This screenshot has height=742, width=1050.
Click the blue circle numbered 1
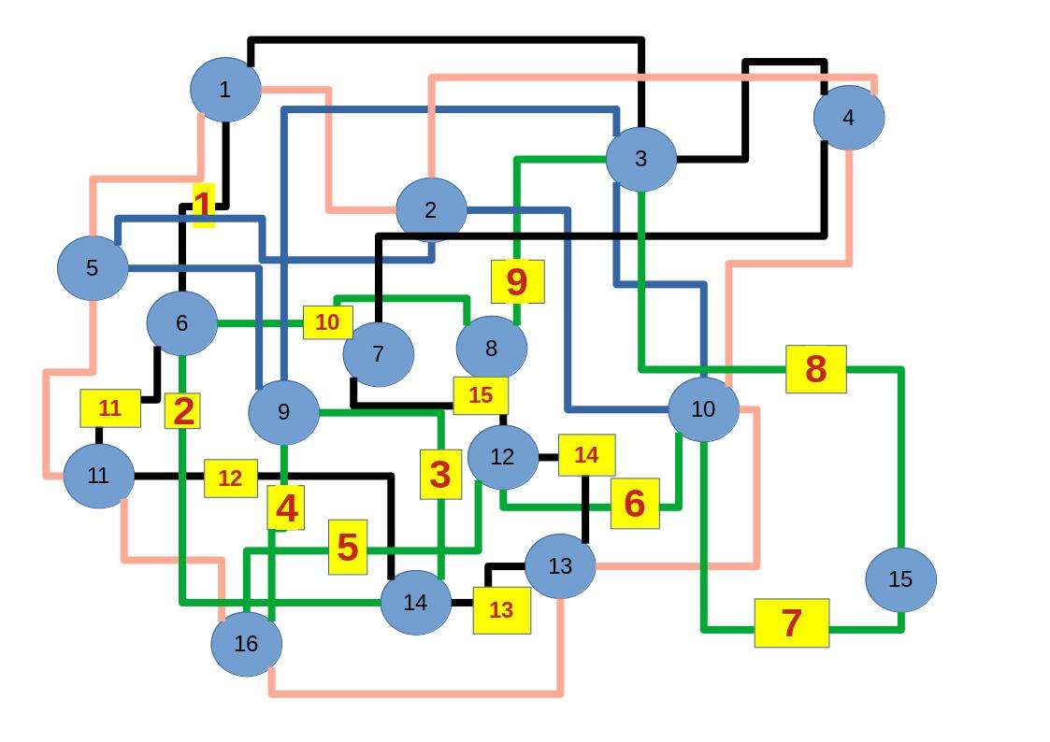tap(224, 90)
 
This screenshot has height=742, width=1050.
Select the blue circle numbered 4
tap(848, 118)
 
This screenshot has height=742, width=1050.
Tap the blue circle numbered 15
tap(899, 579)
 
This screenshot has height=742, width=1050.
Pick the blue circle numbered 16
tap(246, 643)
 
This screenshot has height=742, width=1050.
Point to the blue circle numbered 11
tap(98, 476)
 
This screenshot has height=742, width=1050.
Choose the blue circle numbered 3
tap(640, 159)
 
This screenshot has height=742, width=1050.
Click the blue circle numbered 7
tap(378, 354)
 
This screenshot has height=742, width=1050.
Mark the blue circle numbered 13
tap(559, 565)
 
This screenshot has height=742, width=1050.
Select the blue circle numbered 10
tap(703, 409)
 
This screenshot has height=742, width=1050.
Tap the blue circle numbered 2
tap(430, 210)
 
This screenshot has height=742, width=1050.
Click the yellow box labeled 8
tap(815, 369)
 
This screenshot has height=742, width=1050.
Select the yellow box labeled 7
tap(791, 622)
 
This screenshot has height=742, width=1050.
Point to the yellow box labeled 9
tap(517, 281)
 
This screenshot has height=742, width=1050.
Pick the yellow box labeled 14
tap(586, 455)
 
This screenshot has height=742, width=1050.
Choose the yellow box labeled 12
tap(230, 478)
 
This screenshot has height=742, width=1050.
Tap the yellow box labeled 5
tap(348, 547)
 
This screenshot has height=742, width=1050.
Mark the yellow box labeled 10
tap(327, 322)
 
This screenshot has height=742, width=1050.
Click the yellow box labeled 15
tap(481, 395)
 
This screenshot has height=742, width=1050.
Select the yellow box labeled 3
tap(440, 474)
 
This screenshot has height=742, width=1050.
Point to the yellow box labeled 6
tap(635, 503)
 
